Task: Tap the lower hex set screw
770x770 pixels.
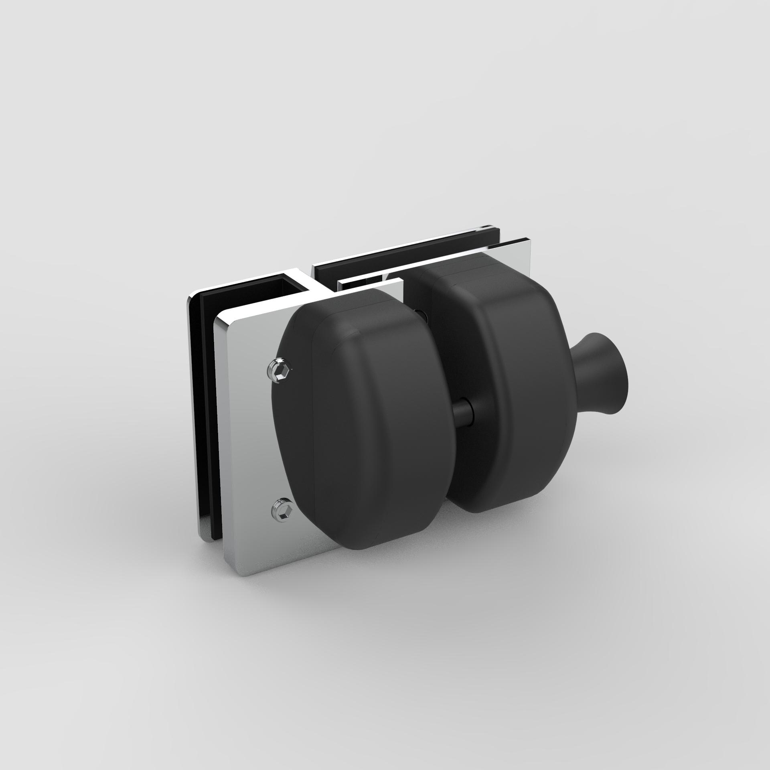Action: tap(283, 508)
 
